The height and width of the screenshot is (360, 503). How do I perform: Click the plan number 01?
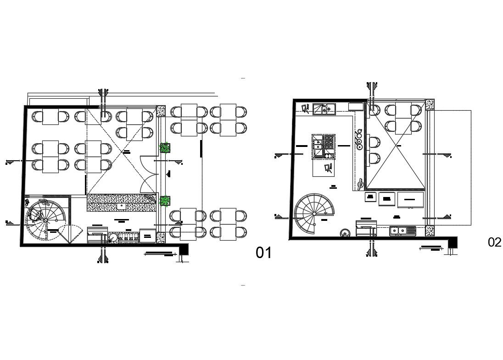(x=264, y=253)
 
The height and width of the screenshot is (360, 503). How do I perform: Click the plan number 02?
(x=494, y=242)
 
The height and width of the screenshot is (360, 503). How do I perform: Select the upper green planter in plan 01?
(x=165, y=148)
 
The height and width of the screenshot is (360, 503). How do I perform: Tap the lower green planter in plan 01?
(x=165, y=200)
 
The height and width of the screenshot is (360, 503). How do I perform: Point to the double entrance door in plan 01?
(x=149, y=174)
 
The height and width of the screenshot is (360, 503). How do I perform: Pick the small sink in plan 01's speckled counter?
(x=122, y=206)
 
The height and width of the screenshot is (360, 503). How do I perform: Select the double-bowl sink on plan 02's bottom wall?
(x=402, y=231)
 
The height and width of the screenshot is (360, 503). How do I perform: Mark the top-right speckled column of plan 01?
(x=161, y=111)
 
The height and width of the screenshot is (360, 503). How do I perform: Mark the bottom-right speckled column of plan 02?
(x=430, y=231)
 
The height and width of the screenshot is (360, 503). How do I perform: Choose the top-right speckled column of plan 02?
(x=430, y=105)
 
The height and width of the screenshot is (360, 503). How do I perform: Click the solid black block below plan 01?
(x=184, y=249)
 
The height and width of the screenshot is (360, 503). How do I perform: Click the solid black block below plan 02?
(x=453, y=242)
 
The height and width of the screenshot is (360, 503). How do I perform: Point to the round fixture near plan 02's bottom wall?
(x=344, y=233)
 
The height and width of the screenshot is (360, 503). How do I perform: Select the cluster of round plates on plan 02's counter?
(x=359, y=140)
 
